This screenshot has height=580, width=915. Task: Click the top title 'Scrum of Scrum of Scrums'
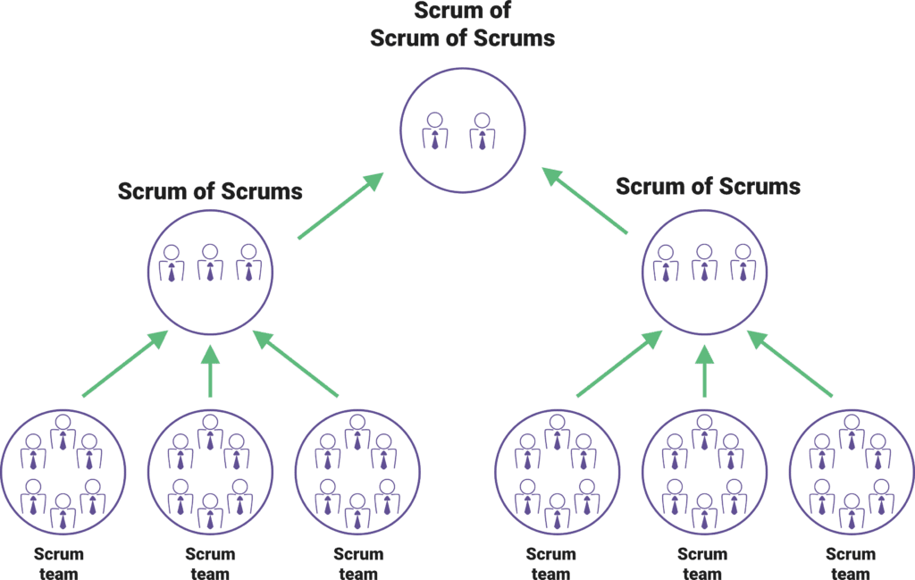[x=462, y=25]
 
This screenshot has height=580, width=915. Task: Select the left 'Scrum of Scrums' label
[x=210, y=191]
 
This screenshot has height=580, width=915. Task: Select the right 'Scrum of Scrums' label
[x=708, y=187]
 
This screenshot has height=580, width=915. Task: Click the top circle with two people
[x=462, y=131]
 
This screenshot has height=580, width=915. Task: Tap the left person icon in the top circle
[x=435, y=130]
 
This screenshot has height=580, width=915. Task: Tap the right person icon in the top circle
[x=482, y=130]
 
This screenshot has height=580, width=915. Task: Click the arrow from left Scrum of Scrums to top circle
[x=340, y=206]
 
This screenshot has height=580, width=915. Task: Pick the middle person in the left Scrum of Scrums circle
[x=211, y=262]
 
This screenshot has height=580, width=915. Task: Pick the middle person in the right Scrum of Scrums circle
[x=705, y=262]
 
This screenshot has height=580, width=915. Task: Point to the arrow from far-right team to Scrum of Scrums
[x=791, y=364]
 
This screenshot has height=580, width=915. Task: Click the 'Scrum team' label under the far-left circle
[x=59, y=564]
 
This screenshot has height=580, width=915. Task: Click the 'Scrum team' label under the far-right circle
[x=850, y=564]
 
